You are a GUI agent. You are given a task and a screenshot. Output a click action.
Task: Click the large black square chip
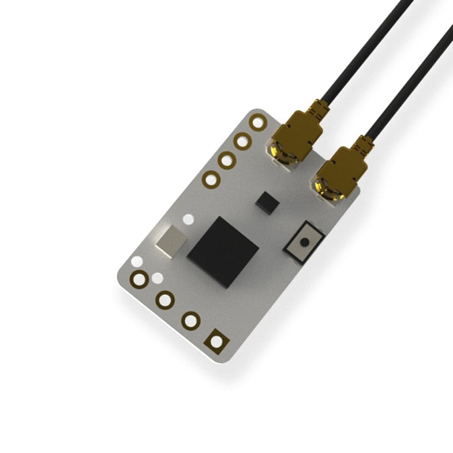click(223, 250)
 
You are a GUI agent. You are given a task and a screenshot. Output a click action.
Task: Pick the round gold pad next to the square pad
click(191, 320)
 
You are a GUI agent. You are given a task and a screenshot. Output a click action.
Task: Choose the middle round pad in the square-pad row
click(165, 299)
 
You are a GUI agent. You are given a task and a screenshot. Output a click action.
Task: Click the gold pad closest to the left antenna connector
click(259, 123)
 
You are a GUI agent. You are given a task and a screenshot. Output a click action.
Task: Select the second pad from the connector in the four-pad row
click(242, 141)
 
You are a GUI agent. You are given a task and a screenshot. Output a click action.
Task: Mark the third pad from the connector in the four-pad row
click(226, 160)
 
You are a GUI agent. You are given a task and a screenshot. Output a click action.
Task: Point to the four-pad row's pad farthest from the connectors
click(211, 179)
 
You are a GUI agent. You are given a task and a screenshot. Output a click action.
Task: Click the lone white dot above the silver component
click(187, 220)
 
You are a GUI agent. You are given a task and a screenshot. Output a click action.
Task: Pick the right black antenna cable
click(408, 82)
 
